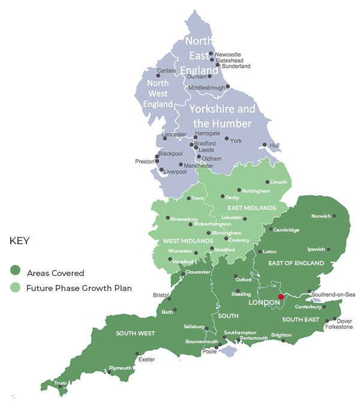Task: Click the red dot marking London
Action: [281, 296]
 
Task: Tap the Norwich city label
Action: [322, 216]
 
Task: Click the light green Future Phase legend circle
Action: [15, 288]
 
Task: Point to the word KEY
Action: [20, 241]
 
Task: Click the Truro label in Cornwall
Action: [61, 383]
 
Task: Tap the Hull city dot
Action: [265, 145]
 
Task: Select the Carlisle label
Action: [166, 70]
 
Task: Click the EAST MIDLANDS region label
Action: [251, 208]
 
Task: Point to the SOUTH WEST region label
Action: [136, 333]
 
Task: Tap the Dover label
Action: [344, 320]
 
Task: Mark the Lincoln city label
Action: [279, 182]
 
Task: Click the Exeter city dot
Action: [137, 353]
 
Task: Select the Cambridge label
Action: [286, 230]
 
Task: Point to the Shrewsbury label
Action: [184, 220]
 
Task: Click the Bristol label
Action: [161, 295]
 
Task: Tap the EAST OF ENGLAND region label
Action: [296, 263]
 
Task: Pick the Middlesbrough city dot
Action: [228, 86]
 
